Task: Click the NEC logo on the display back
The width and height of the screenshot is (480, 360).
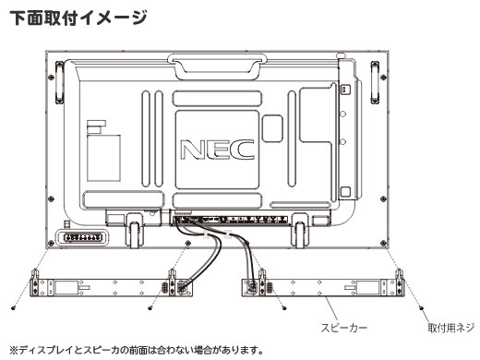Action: [x=218, y=150]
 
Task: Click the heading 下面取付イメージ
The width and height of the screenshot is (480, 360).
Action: [x=78, y=18]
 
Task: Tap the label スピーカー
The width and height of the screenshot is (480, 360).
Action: [x=344, y=328]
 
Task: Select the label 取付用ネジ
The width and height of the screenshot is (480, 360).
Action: [x=451, y=328]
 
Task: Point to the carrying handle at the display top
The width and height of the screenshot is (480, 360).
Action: [x=217, y=66]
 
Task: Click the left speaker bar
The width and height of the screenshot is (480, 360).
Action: [x=111, y=287]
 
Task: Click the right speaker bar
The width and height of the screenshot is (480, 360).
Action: [x=322, y=287]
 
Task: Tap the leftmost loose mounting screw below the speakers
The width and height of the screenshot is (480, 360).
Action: [x=13, y=307]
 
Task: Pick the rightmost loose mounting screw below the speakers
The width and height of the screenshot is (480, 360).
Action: [x=421, y=307]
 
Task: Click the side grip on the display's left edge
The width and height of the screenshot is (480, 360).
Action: [x=59, y=82]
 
